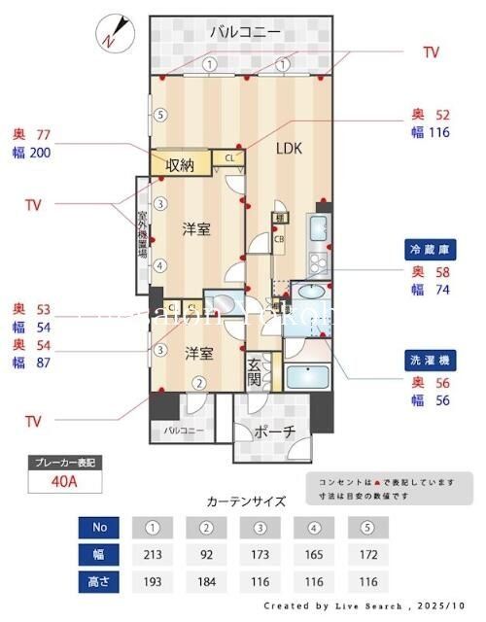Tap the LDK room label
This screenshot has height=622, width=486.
(289, 150)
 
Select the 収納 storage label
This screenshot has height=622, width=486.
(180, 165)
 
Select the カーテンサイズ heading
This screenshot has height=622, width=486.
(247, 502)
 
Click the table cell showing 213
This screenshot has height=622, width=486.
(152, 556)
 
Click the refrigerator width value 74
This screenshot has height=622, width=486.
(443, 290)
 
